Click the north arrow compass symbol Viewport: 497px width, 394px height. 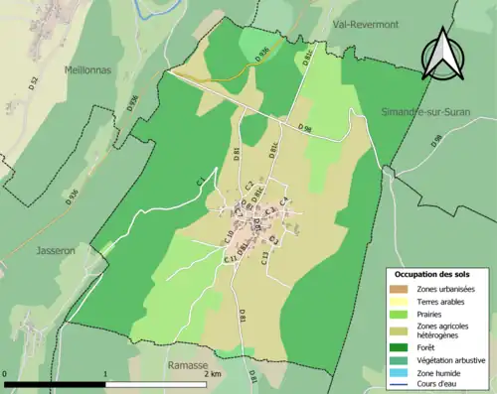click(443, 54)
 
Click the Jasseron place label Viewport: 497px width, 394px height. click(58, 251)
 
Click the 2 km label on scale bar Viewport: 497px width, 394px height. click(215, 374)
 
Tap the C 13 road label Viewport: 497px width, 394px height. click(264, 257)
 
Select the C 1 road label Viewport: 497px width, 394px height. click(200, 180)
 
